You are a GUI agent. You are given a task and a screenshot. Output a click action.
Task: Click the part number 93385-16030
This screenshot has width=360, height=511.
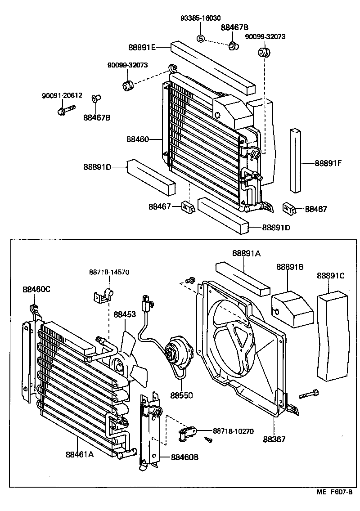click(x=200, y=18)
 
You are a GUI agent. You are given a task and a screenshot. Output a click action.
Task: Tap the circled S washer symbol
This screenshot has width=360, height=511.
click(x=201, y=39)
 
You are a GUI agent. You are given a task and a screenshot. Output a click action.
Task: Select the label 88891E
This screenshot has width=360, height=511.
click(x=142, y=47)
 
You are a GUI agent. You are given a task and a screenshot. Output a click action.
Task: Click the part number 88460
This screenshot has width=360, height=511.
click(x=137, y=139)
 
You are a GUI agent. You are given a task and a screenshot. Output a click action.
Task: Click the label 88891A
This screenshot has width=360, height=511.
click(x=246, y=253)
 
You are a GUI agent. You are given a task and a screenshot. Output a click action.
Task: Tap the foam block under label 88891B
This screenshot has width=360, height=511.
click(x=292, y=309)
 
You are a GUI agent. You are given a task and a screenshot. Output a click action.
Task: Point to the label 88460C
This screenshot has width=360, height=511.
click(x=36, y=289)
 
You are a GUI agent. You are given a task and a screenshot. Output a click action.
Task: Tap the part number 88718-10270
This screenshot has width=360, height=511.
click(x=233, y=431)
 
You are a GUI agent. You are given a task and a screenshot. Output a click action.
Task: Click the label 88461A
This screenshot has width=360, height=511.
click(x=79, y=453)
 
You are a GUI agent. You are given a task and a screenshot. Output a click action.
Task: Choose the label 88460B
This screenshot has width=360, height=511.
click(x=184, y=457)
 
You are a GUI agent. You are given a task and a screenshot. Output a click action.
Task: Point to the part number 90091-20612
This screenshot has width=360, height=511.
click(x=62, y=96)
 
